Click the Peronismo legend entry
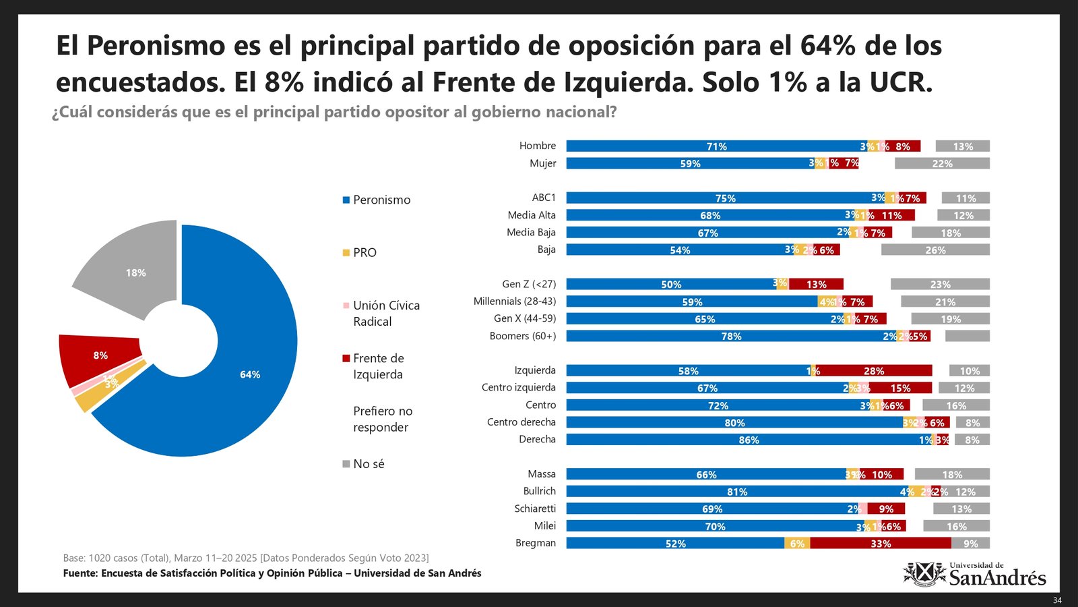[x=381, y=200]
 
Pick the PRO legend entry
[x=364, y=252]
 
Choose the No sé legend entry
[x=369, y=464]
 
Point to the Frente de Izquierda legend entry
[x=378, y=366]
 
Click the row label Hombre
[x=537, y=146]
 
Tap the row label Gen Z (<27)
[x=529, y=284]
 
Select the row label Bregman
[x=536, y=543]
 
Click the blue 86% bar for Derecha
[x=748, y=440]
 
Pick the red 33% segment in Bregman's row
[x=880, y=544]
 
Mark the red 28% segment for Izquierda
[x=874, y=371]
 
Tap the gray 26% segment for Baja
[x=935, y=250]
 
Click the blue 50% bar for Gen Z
[x=670, y=285]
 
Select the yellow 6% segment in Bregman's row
[x=797, y=544]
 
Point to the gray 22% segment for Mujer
[x=942, y=164]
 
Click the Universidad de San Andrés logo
[x=974, y=575]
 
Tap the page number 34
[x=1057, y=600]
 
